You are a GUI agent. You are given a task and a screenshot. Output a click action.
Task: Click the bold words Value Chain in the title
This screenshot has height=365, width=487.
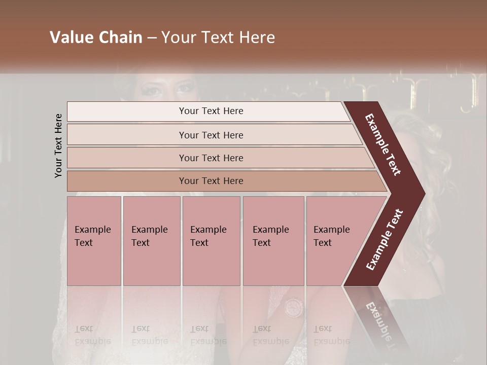pos(96,38)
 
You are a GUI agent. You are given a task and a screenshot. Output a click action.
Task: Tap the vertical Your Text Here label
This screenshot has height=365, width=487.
pos(58,145)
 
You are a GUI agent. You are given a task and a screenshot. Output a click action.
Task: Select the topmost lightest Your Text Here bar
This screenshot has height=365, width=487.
pos(211,111)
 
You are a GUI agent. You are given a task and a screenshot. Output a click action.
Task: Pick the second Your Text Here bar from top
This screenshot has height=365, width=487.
pos(211,135)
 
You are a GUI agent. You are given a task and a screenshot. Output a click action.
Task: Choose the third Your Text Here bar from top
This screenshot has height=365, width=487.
pos(211,158)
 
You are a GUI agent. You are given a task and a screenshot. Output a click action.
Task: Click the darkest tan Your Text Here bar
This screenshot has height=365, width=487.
pos(211,181)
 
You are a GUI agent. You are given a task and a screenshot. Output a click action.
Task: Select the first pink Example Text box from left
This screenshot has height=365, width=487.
pos(94,241)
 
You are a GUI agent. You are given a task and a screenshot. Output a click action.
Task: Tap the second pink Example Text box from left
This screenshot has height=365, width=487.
pos(151,241)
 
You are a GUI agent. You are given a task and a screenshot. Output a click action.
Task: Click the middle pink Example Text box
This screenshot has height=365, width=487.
pos(211,241)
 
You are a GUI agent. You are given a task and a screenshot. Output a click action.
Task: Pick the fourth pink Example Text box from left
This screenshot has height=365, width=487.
pos(273,241)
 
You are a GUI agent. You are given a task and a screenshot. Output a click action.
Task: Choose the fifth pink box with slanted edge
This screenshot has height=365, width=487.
pos(335,241)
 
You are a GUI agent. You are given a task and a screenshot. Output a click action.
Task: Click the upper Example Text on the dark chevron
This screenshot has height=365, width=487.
pos(383,144)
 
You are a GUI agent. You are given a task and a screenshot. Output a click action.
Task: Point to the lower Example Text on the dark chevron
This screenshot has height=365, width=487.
pos(385,240)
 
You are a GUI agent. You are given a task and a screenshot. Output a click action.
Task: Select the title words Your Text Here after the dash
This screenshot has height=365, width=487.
pos(218,38)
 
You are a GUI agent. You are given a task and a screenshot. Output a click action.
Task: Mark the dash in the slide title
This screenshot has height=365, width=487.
pos(152,38)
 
